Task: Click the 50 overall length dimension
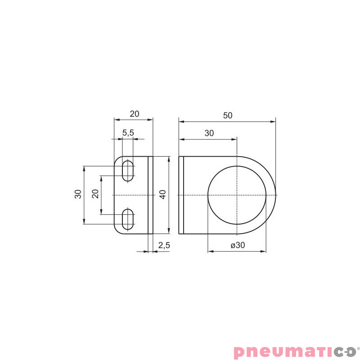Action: pos(228,116)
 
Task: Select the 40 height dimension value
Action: pos(163,194)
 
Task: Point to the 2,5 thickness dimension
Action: pos(164,245)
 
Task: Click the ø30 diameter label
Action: pos(238,246)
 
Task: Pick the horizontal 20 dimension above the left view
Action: pos(135,114)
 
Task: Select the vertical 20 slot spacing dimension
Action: pos(95,194)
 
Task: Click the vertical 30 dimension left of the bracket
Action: pos(78,194)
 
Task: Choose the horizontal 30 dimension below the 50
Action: pos(209,133)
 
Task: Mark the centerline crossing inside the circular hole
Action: pos(237,195)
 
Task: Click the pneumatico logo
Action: pos(295,351)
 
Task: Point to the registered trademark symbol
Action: pos(358,347)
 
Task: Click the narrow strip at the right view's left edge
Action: pos(181,195)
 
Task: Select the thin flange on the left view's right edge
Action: pos(151,195)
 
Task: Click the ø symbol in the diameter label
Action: pos(233,246)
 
